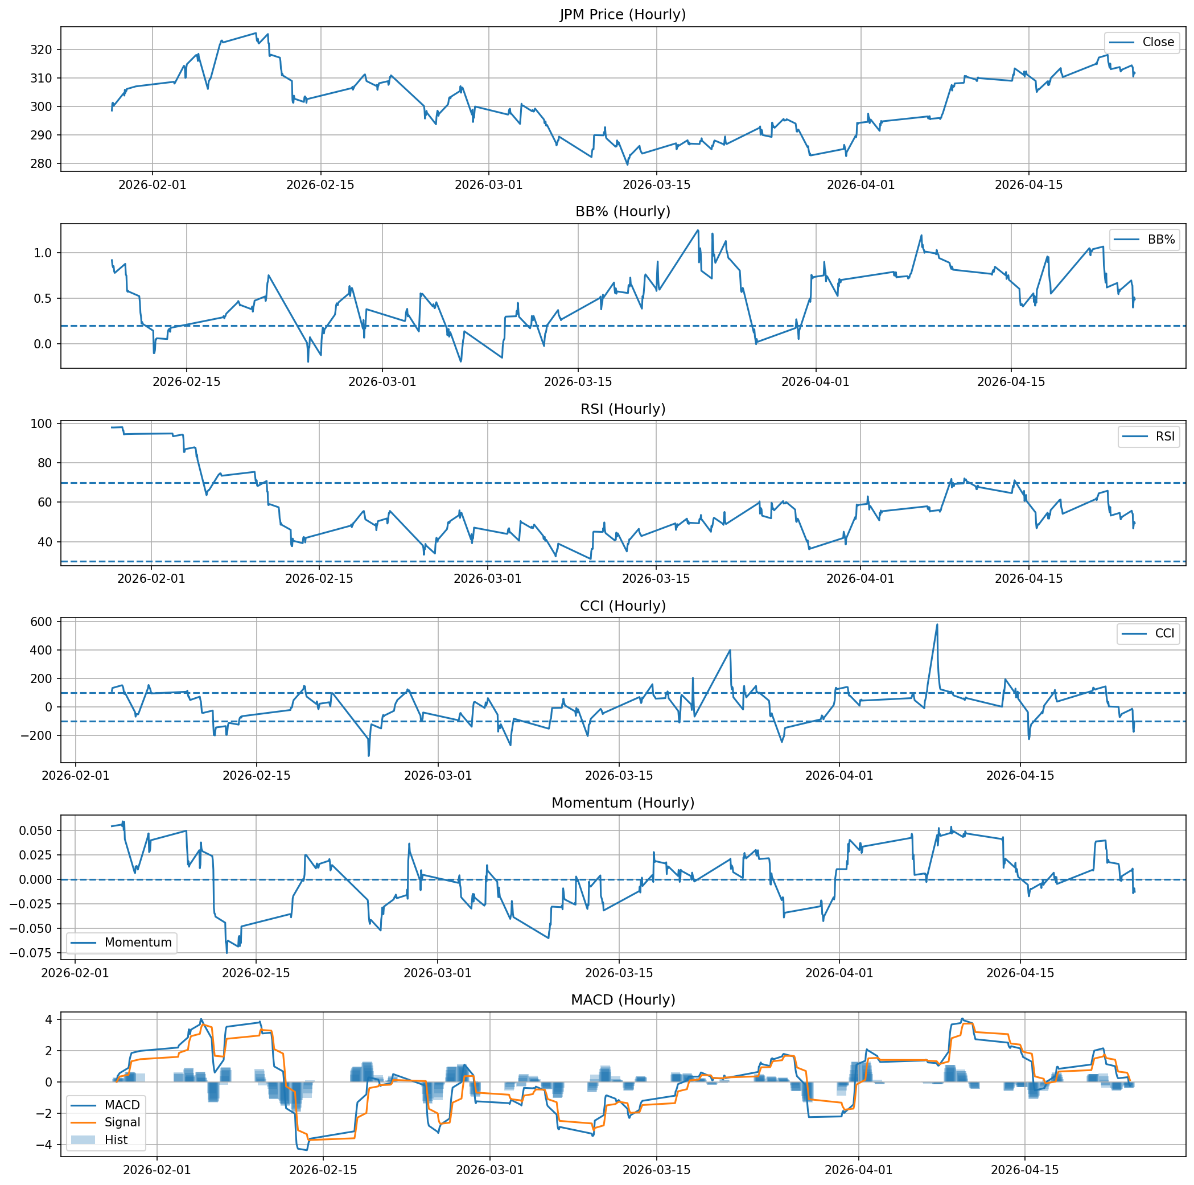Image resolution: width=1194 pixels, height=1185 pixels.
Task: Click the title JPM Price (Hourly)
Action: [623, 15]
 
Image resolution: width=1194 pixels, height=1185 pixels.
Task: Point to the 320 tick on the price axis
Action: [45, 50]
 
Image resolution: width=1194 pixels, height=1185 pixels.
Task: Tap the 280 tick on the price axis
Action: [45, 164]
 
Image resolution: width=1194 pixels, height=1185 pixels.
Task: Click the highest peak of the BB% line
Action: [698, 231]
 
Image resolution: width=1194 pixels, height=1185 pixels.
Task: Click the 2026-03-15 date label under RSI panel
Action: [656, 579]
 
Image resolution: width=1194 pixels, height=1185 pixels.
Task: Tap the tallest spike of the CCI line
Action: [937, 624]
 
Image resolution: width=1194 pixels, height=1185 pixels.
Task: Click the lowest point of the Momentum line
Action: [227, 953]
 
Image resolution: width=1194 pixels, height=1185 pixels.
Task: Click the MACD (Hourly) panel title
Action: [623, 999]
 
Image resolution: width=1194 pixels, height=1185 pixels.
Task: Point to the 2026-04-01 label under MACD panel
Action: [858, 1170]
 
